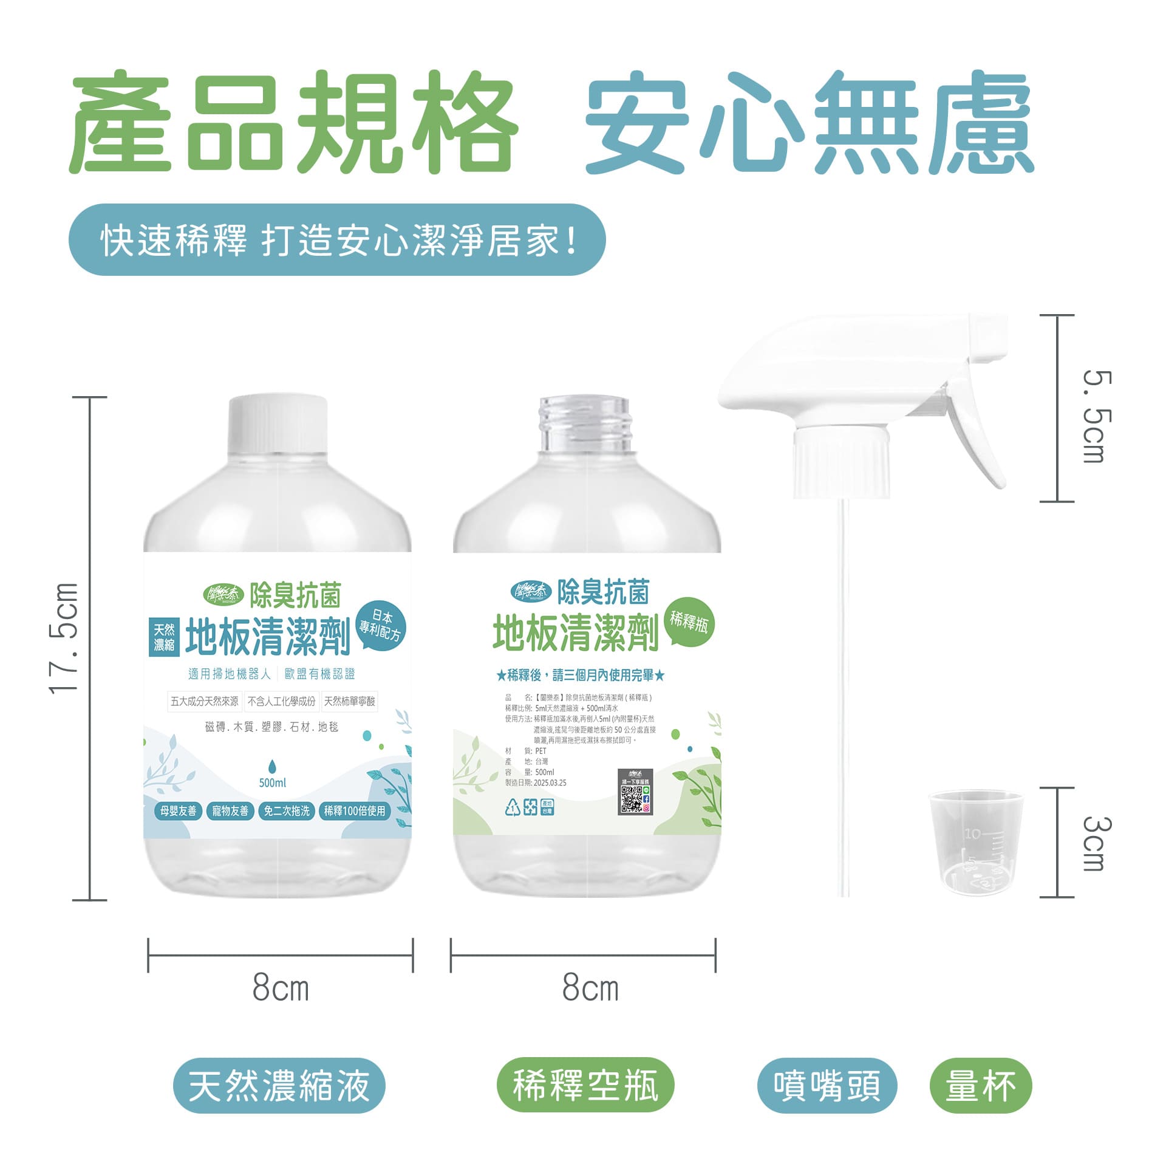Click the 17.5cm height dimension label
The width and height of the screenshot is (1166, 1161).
click(64, 637)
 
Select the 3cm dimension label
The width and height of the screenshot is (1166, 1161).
click(1097, 843)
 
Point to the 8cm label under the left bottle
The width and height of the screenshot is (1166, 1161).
click(281, 988)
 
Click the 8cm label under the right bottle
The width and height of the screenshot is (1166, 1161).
click(590, 988)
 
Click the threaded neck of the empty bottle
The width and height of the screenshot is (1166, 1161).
click(585, 424)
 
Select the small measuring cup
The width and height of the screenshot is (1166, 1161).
click(975, 843)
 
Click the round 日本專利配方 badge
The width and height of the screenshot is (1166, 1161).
click(380, 626)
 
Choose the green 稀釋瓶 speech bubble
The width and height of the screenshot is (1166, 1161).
click(689, 622)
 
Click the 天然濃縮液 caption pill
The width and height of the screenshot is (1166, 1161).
click(279, 1086)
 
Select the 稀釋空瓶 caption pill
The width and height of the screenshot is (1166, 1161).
click(585, 1085)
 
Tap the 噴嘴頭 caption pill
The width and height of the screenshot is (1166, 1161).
click(827, 1086)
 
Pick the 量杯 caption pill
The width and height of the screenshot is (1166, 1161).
click(980, 1086)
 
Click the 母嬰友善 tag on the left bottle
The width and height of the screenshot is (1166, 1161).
click(179, 811)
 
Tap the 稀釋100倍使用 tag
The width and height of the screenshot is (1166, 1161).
click(355, 811)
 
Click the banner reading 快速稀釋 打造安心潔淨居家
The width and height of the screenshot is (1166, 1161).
click(337, 240)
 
